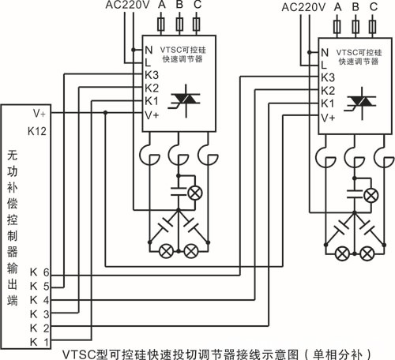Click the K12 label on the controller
click(37, 131)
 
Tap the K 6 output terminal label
click(39, 272)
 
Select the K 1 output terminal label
click(39, 342)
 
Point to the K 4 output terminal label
click(39, 300)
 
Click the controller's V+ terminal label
click(39, 114)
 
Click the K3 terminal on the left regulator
click(152, 75)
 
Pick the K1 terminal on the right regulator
click(328, 103)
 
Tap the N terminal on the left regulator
click(149, 50)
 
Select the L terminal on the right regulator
click(324, 65)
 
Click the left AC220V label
click(128, 5)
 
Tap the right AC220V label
click(303, 7)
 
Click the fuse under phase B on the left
click(179, 24)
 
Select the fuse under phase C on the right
click(372, 27)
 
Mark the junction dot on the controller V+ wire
click(105, 113)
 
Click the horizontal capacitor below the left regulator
click(179, 192)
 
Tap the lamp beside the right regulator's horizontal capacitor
click(371, 196)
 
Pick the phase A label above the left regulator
click(162, 5)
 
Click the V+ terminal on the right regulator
click(328, 118)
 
